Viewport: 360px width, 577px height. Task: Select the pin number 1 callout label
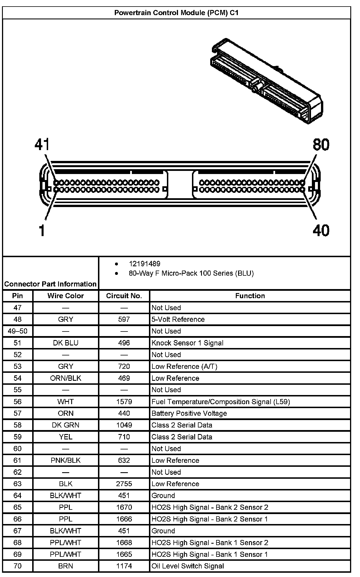coord(42,230)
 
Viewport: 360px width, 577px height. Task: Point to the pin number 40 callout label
coord(321,230)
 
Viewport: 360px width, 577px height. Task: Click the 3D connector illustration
coord(267,81)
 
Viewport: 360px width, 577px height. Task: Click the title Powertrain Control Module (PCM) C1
coord(176,13)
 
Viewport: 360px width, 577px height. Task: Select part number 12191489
coord(144,264)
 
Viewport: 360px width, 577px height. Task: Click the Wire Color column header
coord(66,296)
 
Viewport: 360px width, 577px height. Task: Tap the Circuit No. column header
coord(124,296)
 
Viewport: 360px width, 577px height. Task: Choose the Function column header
coord(250,296)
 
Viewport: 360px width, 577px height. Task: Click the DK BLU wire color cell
coord(66,343)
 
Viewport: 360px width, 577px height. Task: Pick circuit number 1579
coord(124,402)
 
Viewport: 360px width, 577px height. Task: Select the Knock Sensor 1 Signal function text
coord(187,343)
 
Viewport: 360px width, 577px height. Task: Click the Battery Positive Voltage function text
coord(189,413)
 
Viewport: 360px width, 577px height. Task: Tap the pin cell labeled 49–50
coord(17,331)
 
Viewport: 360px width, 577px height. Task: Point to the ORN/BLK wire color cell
coord(66,378)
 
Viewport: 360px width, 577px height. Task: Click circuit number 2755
coord(124,484)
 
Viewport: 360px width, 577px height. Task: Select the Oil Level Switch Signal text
coord(188,566)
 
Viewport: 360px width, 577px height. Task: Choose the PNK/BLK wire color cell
coord(66,460)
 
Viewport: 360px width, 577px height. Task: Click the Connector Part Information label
coord(50,284)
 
